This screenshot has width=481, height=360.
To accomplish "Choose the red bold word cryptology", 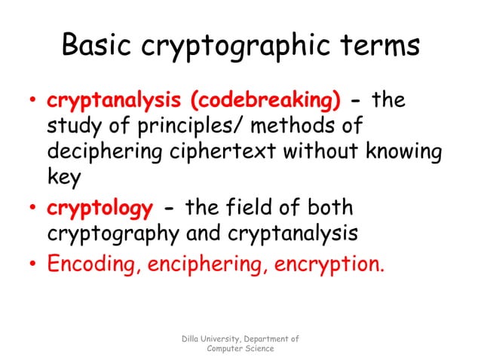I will point(100,207).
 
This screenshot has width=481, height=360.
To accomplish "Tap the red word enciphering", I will point(198,264).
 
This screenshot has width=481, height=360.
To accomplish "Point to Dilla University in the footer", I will point(210,340).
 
